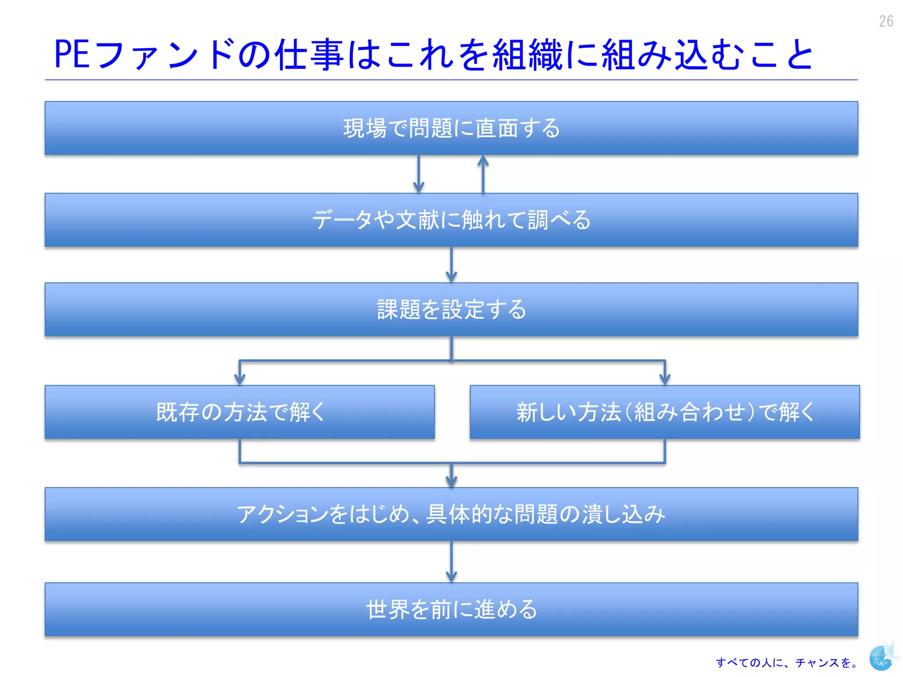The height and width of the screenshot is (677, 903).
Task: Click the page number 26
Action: (886, 21)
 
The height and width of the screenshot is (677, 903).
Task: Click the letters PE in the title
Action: (72, 54)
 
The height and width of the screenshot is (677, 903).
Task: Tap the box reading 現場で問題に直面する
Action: (451, 128)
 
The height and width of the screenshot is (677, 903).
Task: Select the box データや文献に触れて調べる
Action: (451, 219)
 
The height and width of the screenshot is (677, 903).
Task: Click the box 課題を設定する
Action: (451, 309)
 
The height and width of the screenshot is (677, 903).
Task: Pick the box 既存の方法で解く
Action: (239, 412)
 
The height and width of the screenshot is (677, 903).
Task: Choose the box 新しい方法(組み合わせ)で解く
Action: (664, 412)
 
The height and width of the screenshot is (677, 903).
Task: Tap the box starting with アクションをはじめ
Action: (451, 514)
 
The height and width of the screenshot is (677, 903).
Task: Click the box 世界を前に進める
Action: (451, 609)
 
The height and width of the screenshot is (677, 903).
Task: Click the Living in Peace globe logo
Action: (881, 658)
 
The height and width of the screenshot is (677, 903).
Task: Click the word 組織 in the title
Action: (528, 55)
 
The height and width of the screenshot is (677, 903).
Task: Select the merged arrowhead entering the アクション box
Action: (451, 480)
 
